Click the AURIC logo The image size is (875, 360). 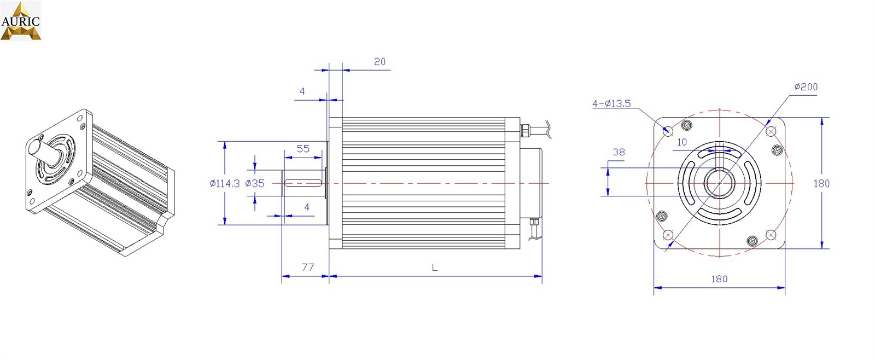(21, 21)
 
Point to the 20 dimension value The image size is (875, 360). (380, 62)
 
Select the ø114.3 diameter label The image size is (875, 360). (224, 183)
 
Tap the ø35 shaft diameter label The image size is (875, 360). (255, 183)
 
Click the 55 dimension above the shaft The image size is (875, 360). (303, 149)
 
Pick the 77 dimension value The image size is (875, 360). (308, 267)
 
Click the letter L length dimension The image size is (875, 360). (435, 268)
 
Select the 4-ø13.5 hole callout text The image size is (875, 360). (611, 103)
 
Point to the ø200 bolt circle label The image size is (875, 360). (806, 87)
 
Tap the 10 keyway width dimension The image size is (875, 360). (681, 142)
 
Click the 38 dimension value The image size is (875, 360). (619, 152)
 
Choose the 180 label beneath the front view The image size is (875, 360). (719, 279)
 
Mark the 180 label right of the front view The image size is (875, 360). (821, 183)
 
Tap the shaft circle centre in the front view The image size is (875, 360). (719, 183)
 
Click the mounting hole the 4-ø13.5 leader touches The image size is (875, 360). (668, 131)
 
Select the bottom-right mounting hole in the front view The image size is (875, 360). (771, 235)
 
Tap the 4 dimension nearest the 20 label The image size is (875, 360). (302, 91)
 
